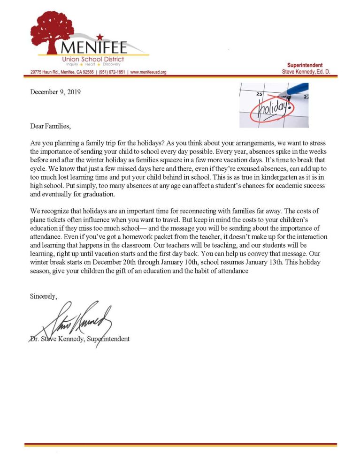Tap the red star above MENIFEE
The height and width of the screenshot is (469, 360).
100,36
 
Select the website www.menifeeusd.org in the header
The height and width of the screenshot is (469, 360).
148,72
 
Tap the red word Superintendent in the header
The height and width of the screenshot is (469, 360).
305,65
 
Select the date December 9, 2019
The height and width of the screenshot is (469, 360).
55,92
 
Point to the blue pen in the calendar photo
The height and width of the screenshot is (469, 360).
293,90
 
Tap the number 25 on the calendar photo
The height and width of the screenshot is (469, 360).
259,94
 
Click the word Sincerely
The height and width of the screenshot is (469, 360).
44,296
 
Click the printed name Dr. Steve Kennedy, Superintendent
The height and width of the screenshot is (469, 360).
79,339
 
